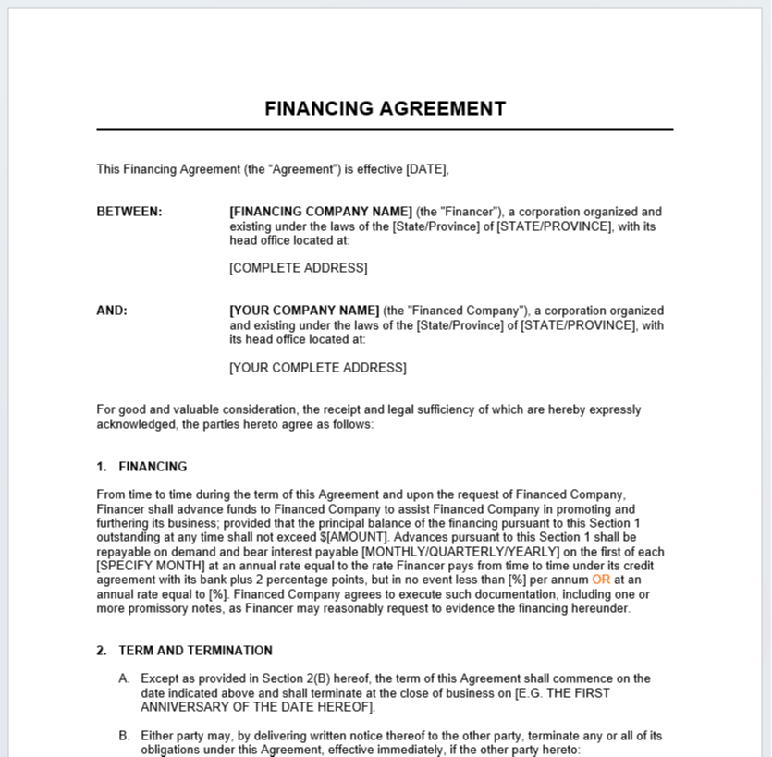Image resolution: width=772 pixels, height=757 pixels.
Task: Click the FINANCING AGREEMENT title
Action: coord(385,108)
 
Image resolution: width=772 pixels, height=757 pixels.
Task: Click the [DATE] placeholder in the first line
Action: coord(426,169)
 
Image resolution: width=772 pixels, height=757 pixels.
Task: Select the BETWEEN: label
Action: coord(129,212)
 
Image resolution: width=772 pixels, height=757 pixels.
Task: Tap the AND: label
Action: coord(112,311)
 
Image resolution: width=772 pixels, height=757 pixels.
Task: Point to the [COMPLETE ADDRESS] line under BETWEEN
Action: coord(298,268)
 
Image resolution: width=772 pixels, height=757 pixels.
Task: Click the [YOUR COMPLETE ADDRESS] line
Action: coord(317,367)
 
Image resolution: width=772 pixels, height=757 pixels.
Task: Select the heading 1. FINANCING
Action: coord(141,467)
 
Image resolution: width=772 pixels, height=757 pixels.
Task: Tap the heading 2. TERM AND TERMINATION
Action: coord(184,651)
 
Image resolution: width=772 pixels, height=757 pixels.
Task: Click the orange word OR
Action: coord(601,580)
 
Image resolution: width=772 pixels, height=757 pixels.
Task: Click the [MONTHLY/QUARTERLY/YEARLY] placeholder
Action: coord(460,552)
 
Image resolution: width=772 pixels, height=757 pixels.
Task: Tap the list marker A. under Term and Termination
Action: coord(124,678)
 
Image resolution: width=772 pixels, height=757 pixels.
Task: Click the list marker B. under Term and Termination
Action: coord(124,736)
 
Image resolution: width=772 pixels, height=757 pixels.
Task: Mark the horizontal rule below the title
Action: coord(385,130)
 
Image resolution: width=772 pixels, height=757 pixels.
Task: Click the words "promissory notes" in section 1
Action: coord(180,608)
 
